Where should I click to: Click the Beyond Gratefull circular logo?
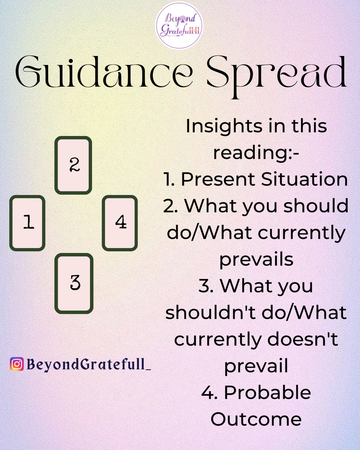179,25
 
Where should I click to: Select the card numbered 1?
28,223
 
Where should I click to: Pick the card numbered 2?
73,165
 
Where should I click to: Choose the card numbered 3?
74,283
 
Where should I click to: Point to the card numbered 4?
120,223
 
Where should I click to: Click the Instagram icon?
17,364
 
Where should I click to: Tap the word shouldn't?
216,313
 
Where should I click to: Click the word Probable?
267,393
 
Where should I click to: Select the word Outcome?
256,419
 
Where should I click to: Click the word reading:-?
256,153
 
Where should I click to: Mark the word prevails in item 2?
256,260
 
